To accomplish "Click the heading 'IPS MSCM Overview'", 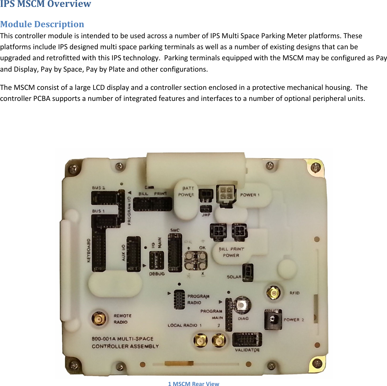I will (45, 4).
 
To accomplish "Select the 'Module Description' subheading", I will (42, 24).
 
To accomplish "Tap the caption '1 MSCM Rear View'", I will (193, 384).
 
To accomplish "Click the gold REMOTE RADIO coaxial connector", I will (99, 319).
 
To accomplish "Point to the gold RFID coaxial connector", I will (274, 293).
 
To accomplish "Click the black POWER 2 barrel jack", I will (273, 320).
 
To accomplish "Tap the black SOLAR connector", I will (248, 273).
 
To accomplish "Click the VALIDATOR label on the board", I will (247, 350).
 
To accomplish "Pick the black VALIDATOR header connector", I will (247, 340).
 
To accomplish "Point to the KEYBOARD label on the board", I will (89, 250).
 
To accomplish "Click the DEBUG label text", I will (157, 274).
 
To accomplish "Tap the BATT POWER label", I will (186, 191).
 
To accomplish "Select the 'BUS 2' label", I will (98, 188).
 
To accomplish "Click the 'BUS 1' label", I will (98, 211).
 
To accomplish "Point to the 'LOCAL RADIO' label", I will (182, 325).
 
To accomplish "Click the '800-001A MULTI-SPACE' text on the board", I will (123, 339).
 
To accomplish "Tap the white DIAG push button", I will (242, 305).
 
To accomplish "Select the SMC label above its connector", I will (175, 230).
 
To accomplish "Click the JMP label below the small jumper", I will (206, 215).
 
